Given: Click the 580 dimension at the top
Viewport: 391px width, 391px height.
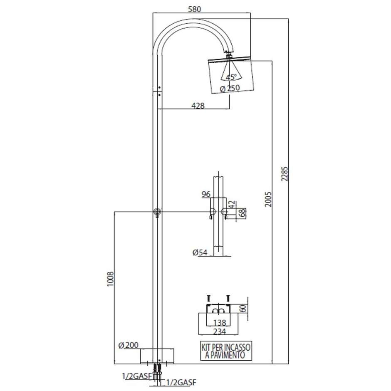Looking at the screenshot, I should click(x=195, y=10).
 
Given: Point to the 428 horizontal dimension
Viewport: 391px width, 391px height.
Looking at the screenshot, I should click(x=198, y=106).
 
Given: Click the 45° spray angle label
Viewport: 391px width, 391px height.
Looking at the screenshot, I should click(x=231, y=77).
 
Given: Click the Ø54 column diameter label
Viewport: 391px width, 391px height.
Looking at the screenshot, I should click(x=200, y=252).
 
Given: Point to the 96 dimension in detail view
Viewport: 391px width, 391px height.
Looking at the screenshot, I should click(x=206, y=194).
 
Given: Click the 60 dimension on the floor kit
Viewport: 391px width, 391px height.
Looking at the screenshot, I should click(x=242, y=308).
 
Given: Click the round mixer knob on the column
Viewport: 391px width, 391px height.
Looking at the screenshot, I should click(x=157, y=212).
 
